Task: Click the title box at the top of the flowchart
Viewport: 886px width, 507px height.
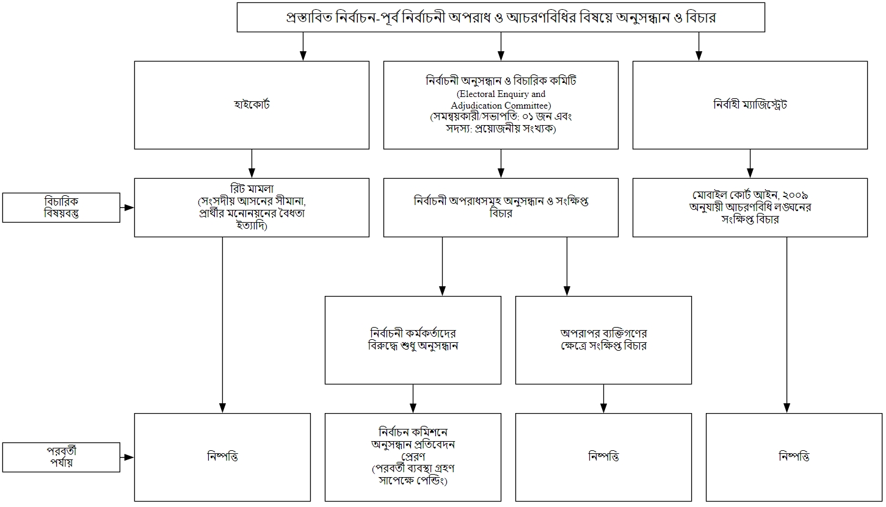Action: pos(501,17)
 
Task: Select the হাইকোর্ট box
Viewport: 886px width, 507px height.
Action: pos(252,105)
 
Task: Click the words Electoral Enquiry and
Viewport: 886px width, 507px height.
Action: pos(501,94)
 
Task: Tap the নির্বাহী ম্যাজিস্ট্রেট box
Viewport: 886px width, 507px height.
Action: pos(750,105)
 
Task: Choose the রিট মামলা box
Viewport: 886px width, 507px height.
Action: pos(252,207)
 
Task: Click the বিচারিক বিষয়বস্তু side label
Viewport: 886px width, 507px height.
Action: pos(61,207)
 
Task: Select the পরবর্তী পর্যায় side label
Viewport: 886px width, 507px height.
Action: pos(61,457)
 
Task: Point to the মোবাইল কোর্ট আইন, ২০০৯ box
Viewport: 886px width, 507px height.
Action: pos(750,207)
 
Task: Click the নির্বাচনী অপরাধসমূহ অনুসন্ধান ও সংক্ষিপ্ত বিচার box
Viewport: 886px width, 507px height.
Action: pos(501,207)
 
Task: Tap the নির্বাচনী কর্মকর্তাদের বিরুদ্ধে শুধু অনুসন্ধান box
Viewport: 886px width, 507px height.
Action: pos(413,340)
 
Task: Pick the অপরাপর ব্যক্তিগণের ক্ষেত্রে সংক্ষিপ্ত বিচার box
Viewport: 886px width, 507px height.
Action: pos(603,340)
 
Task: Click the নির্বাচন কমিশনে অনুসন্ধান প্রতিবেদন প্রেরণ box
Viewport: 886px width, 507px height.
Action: pos(413,457)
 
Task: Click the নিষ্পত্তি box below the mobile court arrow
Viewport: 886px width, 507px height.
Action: pos(794,457)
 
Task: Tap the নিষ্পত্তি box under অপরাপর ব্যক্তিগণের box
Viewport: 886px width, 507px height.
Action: pos(603,457)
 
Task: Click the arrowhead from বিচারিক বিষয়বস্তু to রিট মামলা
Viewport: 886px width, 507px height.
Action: pos(129,207)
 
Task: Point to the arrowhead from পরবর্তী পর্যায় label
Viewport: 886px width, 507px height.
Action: pos(129,457)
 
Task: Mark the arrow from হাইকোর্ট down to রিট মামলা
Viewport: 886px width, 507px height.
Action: pos(252,164)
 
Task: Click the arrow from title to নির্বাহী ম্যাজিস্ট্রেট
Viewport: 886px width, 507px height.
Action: pos(700,46)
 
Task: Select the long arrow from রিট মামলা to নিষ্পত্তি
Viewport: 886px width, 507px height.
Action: pos(222,323)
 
